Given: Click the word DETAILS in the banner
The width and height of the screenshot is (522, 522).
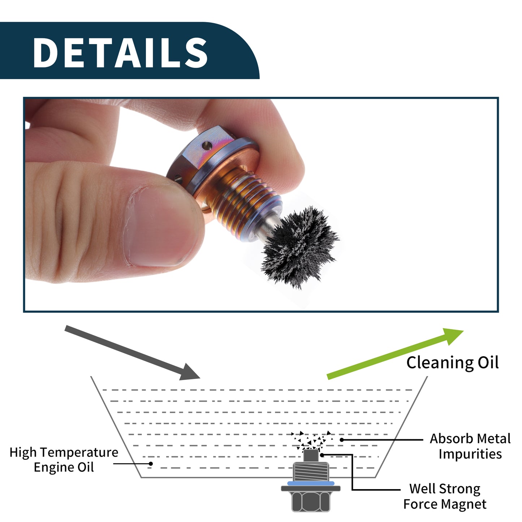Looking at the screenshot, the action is (x=120, y=52).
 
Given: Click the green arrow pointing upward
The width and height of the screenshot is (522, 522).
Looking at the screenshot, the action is (x=395, y=353).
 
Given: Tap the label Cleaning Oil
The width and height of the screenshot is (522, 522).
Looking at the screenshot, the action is (x=452, y=363).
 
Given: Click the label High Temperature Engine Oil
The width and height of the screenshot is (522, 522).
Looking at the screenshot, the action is (x=64, y=460).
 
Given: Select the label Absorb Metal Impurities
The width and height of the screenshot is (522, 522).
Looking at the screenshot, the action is (x=470, y=446).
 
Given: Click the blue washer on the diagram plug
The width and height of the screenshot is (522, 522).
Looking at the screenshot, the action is (x=311, y=483).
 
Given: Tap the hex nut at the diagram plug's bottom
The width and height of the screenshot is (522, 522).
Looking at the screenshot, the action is (x=311, y=501).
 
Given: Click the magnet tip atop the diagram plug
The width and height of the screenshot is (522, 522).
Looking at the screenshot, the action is (x=310, y=456).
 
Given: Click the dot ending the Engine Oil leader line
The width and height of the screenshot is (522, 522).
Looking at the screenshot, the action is (x=151, y=464).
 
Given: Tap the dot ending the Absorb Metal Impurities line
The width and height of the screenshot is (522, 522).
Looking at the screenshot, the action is (x=342, y=440).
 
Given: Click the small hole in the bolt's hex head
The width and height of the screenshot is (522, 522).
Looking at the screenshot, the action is (x=207, y=146).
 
